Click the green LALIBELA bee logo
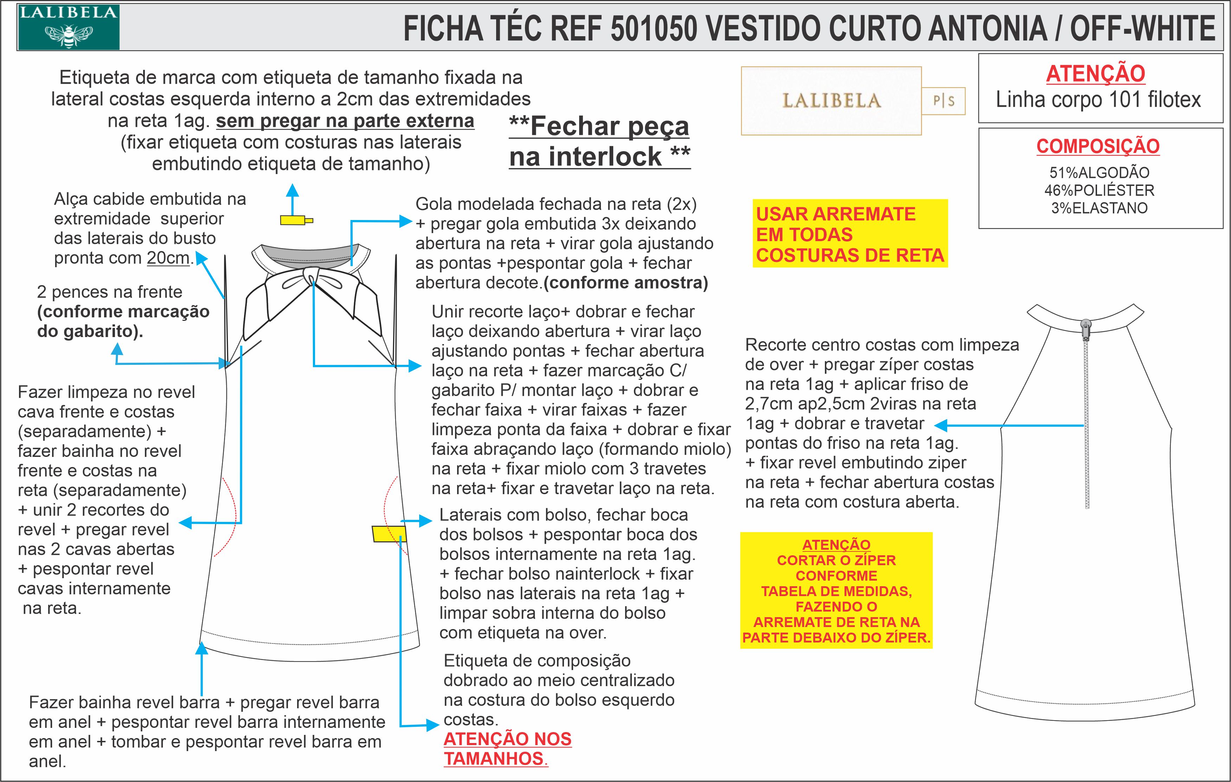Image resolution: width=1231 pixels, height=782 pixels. tap(69, 28)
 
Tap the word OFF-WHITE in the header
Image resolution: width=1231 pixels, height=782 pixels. tap(1142, 28)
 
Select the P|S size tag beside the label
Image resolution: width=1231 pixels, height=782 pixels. tap(943, 101)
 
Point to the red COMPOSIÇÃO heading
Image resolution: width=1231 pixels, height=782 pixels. tap(1098, 146)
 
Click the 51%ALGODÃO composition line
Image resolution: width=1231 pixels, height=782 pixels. tap(1099, 173)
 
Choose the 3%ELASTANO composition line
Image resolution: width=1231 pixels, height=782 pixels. tap(1099, 208)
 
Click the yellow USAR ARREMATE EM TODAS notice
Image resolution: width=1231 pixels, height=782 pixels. tap(849, 234)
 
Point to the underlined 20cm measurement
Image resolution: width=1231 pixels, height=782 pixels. tap(168, 258)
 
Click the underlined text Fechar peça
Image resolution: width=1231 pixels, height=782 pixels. tap(599, 126)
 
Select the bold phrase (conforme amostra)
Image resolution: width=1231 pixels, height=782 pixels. tap(626, 283)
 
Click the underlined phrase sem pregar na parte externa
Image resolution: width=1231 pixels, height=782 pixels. tap(345, 121)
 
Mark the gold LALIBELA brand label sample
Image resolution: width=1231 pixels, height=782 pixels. tap(831, 101)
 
